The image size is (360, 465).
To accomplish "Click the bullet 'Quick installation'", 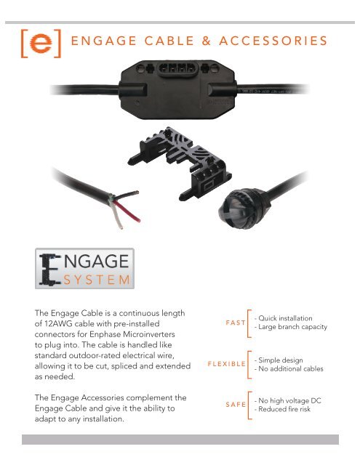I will point(284,318).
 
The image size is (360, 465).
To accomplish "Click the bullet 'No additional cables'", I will point(290,369).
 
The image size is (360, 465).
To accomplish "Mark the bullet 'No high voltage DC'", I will point(289,400).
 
